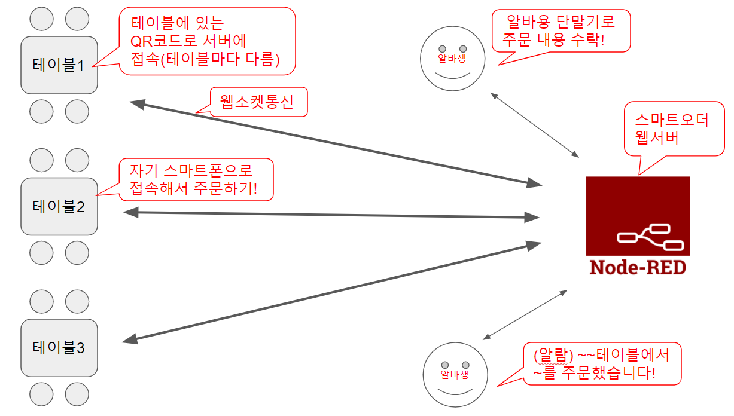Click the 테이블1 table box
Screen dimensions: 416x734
59,65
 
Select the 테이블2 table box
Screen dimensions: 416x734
59,206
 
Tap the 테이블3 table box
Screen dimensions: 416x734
59,347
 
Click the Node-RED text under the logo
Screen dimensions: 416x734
638,267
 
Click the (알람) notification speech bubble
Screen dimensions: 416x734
602,363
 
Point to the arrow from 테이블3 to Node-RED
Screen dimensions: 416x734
332,292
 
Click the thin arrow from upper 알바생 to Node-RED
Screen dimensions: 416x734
535,124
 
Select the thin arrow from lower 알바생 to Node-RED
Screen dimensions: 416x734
525,316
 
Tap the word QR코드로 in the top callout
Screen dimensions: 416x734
162,41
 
